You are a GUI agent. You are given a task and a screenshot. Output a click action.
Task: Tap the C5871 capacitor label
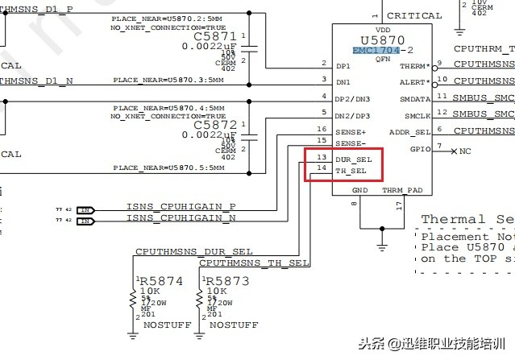[x=215, y=37]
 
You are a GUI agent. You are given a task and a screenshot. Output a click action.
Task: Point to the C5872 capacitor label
[x=215, y=126]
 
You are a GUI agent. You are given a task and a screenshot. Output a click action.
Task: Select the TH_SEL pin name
[x=351, y=171]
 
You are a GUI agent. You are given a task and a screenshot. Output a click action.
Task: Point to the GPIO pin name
[x=419, y=148]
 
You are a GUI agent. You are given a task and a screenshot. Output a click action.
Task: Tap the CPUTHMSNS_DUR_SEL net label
[x=193, y=251]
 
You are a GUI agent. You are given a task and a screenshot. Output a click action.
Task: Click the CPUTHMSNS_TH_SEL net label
[x=254, y=263]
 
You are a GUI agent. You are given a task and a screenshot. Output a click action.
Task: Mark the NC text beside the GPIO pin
[x=466, y=151]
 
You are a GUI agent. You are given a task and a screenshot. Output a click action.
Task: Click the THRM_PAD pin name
[x=401, y=191]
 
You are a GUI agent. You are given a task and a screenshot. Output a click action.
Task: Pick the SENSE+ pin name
[x=351, y=130]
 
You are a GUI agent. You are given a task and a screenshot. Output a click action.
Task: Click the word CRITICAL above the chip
[x=414, y=15]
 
